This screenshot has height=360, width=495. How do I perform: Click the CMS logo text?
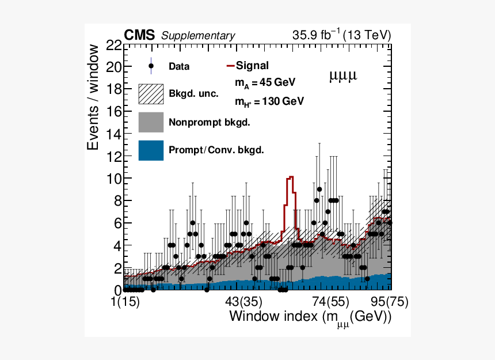(x=139, y=36)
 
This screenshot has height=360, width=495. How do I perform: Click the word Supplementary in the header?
(x=198, y=36)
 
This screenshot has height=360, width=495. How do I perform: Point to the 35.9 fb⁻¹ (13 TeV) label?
(x=341, y=35)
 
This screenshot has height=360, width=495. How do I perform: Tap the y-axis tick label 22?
(x=113, y=45)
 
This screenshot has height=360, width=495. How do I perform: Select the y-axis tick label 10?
(x=113, y=179)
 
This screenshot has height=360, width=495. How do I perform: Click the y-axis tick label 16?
(x=113, y=112)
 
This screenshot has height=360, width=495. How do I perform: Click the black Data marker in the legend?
(x=151, y=66)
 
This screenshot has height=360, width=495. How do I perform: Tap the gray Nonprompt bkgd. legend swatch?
(x=151, y=122)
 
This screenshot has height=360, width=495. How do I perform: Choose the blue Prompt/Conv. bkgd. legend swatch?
(x=151, y=150)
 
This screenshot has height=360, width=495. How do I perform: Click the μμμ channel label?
(x=343, y=75)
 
